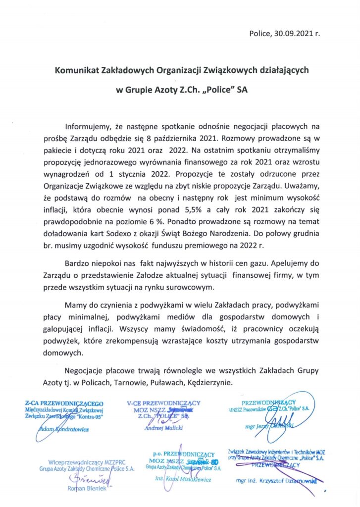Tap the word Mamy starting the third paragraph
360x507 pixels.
[76, 303]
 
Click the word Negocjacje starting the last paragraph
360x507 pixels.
[87, 371]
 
